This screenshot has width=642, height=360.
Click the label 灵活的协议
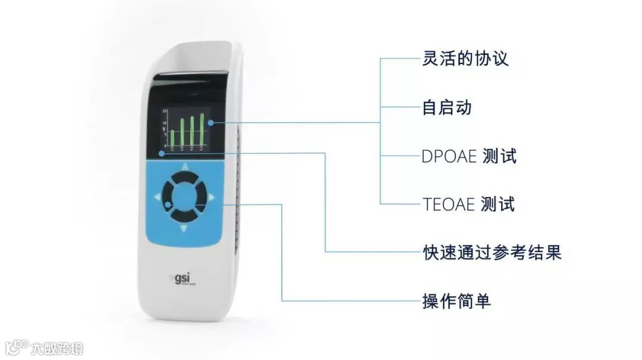pos(465,59)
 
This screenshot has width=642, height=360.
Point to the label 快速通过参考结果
pos(492,252)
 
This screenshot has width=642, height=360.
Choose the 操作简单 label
pos(457,301)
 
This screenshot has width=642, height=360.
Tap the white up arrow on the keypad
pos(184,167)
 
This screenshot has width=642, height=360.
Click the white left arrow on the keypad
pos(157,196)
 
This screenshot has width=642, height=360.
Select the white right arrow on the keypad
pos(212,197)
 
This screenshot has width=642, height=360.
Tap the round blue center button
pos(184,197)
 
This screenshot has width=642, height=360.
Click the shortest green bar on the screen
pos(172,137)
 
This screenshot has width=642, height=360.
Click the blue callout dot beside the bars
pos(211,122)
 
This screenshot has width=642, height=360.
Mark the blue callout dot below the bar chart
pos(162,153)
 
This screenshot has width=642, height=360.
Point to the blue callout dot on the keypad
pos(169,205)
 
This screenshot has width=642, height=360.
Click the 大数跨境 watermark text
pos(58,348)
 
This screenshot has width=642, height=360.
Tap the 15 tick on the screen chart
pos(164,111)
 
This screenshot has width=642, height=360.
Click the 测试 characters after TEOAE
pos(498,204)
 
